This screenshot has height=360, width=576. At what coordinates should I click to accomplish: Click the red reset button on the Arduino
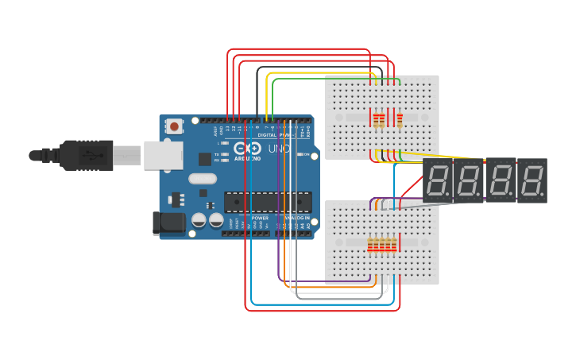click(x=174, y=126)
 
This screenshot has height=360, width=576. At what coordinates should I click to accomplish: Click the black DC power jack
click(x=168, y=223)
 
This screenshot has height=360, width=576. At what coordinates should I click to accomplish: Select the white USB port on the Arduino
click(x=163, y=155)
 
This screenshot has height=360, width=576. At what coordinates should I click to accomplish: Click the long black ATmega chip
click(x=268, y=203)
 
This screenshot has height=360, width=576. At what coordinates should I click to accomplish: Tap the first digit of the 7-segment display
click(x=438, y=180)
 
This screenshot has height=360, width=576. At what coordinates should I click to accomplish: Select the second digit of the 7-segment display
click(x=469, y=180)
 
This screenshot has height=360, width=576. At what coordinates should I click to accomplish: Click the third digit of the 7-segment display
click(x=501, y=180)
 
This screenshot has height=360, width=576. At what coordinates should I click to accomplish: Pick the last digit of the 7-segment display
click(x=532, y=180)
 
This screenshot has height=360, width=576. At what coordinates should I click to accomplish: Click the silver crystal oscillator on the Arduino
click(x=202, y=179)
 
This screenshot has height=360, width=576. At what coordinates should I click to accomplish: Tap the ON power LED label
click(x=305, y=154)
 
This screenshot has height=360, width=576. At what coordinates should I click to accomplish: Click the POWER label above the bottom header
click(x=260, y=217)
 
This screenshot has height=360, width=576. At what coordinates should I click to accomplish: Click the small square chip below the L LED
click(x=204, y=158)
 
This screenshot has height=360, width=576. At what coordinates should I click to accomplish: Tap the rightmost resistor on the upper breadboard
click(x=400, y=119)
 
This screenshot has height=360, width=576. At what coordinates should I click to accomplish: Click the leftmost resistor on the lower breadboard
click(x=370, y=245)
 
